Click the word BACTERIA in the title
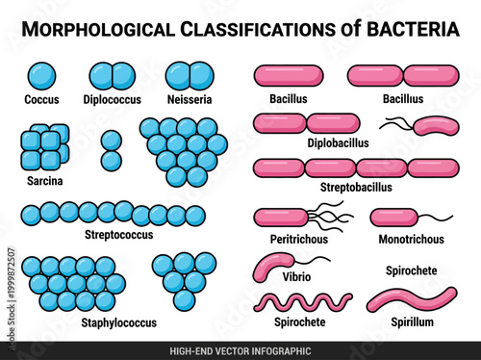pyautogui.click(x=410, y=29)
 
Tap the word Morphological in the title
pyautogui.click(x=105, y=29)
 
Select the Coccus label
pyautogui.click(x=41, y=99)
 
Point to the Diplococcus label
pyautogui.click(x=114, y=99)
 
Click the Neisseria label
pyautogui.click(x=190, y=99)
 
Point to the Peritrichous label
pyautogui.click(x=299, y=238)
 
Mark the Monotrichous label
pyautogui.click(x=413, y=238)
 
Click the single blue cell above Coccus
pyautogui.click(x=41, y=75)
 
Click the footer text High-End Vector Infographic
pyautogui.click(x=240, y=350)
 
